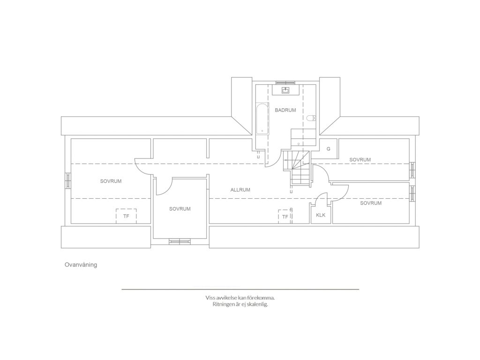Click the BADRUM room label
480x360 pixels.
pos(285,110)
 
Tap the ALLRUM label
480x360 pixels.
pos(240,190)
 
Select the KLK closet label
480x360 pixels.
pos(321,215)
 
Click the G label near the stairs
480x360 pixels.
pos(329,149)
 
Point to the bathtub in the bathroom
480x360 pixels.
pos(262,119)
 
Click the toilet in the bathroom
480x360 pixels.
pos(311,118)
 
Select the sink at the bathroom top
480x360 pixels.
pos(286,90)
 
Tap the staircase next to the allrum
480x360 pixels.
pos(297,168)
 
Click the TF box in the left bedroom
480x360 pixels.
pos(126,216)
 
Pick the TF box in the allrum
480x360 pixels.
pos(285,217)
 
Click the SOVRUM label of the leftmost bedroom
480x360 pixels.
pos(111,181)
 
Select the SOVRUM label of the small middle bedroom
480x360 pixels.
pos(180,209)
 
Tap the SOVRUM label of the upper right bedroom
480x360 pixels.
pos(360,160)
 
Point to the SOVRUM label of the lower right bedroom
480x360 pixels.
pos(371,203)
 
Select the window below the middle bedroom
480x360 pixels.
pos(180,242)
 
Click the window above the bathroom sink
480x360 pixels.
pos(285,82)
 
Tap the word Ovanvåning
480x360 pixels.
pos(81,265)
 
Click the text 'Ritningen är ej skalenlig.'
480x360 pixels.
pos(240,305)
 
